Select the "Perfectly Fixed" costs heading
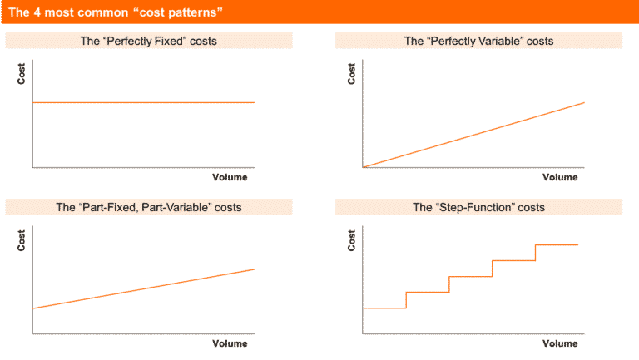tap(148, 41)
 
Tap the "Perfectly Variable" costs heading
tap(478, 41)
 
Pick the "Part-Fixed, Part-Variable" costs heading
tap(148, 207)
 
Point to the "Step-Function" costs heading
tap(478, 207)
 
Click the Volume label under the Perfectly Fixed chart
tap(230, 177)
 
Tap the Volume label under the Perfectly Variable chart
tap(560, 177)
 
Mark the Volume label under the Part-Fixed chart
tap(230, 343)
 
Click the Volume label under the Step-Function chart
tap(560, 343)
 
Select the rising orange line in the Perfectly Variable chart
tap(474, 135)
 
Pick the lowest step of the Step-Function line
tap(384, 308)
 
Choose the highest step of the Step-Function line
tap(557, 245)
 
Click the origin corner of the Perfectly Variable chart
tap(364, 168)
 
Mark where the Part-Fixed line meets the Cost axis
tap(32, 309)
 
